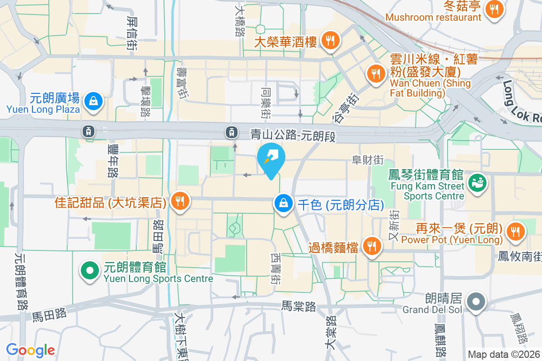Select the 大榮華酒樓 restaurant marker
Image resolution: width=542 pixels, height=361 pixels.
pos(331,41)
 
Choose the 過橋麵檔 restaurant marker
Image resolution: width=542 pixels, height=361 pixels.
pos(372,246)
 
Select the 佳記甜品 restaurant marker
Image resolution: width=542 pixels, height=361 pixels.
pos(180,201)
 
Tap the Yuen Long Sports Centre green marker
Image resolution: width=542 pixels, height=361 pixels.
pos(90,271)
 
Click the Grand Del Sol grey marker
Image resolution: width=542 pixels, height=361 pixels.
pos(476,301)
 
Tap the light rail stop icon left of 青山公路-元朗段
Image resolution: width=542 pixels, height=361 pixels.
pos(232,132)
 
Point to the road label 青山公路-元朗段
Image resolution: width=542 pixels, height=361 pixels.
pos(294,135)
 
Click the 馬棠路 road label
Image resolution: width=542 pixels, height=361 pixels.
pos(298,306)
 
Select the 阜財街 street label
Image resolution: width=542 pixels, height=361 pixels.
pos(368,160)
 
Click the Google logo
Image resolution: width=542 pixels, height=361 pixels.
pos(30,350)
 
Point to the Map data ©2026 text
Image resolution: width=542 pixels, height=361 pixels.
pos(504,354)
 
